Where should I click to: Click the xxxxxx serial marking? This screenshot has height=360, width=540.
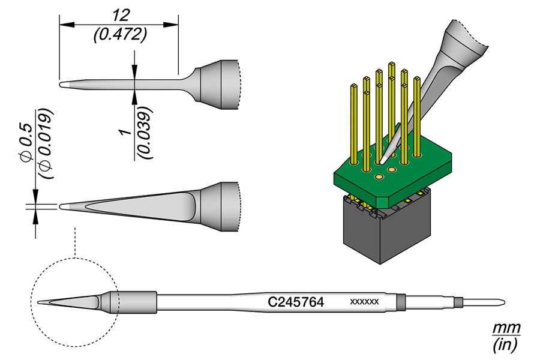click(364, 302)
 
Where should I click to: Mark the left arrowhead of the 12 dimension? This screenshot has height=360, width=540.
click(62, 25)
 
